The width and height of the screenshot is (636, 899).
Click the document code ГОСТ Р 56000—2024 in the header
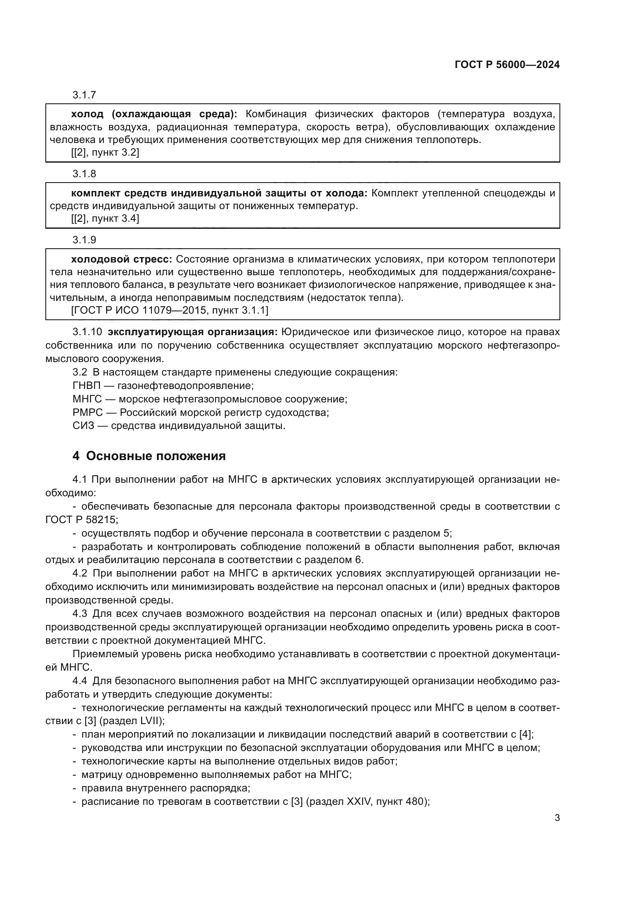(507, 65)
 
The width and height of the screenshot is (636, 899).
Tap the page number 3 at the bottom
(557, 818)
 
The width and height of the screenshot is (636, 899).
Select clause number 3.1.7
(84, 95)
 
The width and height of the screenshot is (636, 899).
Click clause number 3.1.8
(84, 174)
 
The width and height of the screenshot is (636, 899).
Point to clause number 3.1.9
(84, 240)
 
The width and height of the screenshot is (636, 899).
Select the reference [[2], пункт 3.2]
(105, 153)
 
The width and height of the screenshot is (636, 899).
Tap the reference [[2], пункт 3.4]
(105, 218)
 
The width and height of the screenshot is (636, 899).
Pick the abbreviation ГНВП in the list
(87, 386)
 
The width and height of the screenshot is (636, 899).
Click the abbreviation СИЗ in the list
(83, 425)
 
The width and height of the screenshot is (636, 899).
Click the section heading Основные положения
(155, 456)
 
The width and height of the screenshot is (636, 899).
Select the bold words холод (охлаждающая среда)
(154, 114)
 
